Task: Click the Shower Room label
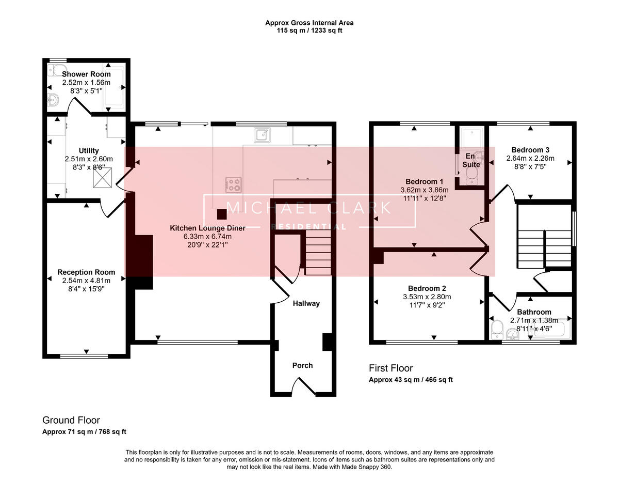tap(86, 74)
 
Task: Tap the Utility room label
tap(89, 151)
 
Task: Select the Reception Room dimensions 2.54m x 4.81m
tap(86, 281)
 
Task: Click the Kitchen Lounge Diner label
tap(208, 228)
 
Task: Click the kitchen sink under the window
tap(263, 135)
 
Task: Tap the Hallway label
tap(306, 303)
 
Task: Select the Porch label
tap(302, 365)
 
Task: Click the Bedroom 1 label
tap(424, 181)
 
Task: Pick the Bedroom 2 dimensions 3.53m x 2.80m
tap(427, 297)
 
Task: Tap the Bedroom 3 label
tap(530, 150)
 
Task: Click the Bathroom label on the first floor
tap(534, 312)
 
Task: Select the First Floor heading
tap(390, 368)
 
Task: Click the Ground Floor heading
tap(71, 420)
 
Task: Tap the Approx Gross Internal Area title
tap(309, 23)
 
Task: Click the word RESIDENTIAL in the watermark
tap(309, 227)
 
